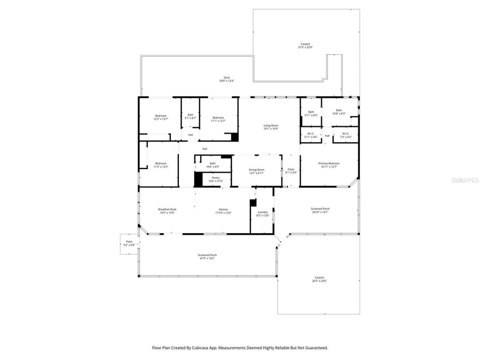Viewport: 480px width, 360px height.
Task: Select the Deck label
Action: pyautogui.click(x=226, y=79)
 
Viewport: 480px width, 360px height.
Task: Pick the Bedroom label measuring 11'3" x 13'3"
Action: pyautogui.click(x=161, y=165)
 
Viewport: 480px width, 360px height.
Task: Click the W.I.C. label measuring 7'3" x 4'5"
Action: pyautogui.click(x=345, y=135)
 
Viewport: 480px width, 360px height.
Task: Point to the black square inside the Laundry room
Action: pyautogui.click(x=253, y=202)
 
